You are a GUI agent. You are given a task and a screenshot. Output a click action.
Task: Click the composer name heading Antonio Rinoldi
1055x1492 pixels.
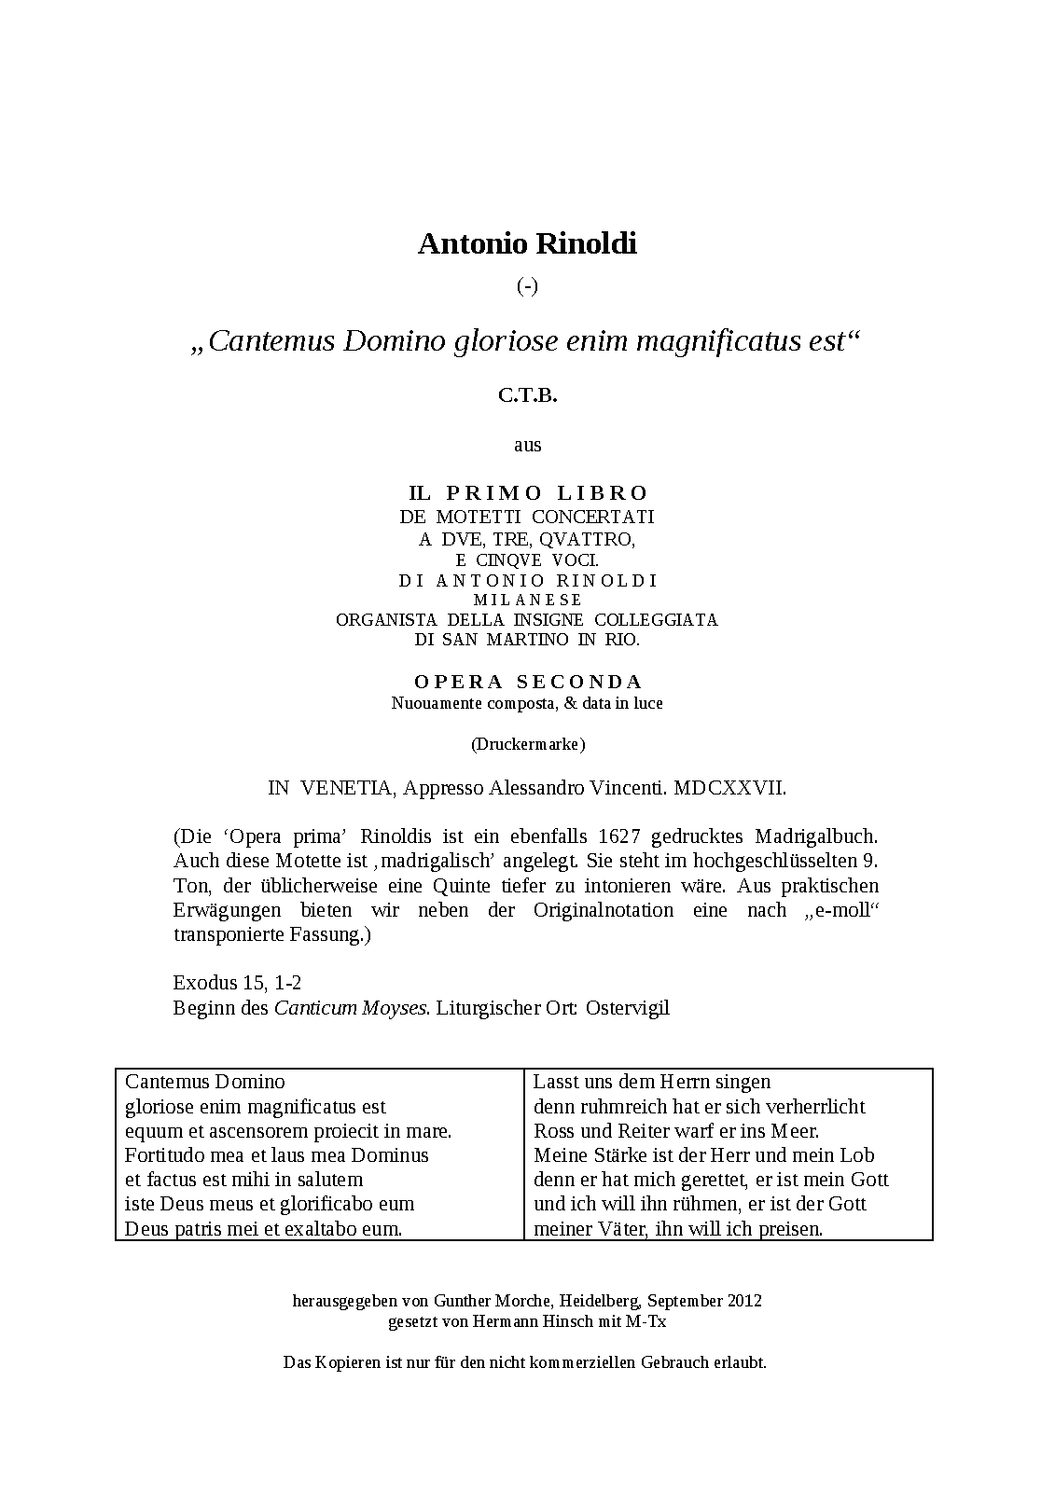pyautogui.click(x=527, y=243)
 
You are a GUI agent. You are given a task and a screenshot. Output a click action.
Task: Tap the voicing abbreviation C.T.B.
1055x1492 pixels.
pyautogui.click(x=527, y=395)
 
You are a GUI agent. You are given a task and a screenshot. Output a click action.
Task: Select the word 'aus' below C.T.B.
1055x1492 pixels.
pyautogui.click(x=527, y=445)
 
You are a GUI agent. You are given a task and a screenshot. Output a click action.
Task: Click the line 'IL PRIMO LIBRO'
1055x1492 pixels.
pyautogui.click(x=528, y=492)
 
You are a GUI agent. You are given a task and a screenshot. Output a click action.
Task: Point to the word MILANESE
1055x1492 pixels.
pyautogui.click(x=527, y=600)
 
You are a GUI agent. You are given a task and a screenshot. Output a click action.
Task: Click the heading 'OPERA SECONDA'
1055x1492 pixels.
pyautogui.click(x=528, y=682)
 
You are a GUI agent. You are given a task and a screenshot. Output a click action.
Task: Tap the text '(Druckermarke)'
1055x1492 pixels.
pyautogui.click(x=527, y=744)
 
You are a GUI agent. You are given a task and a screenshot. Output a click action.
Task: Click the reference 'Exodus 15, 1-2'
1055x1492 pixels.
pyautogui.click(x=237, y=983)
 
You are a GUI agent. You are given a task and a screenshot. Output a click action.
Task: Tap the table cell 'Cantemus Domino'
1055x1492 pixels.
pyautogui.click(x=205, y=1082)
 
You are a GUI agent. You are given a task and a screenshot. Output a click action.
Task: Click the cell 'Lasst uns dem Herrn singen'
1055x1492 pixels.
pyautogui.click(x=652, y=1082)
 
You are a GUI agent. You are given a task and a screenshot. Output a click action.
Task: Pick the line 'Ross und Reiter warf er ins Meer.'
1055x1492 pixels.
pyautogui.click(x=676, y=1131)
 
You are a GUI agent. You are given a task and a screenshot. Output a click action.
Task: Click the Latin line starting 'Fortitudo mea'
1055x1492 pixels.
pyautogui.click(x=277, y=1155)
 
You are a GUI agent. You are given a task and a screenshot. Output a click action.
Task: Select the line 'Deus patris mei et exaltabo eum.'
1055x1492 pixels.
pyautogui.click(x=264, y=1229)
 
